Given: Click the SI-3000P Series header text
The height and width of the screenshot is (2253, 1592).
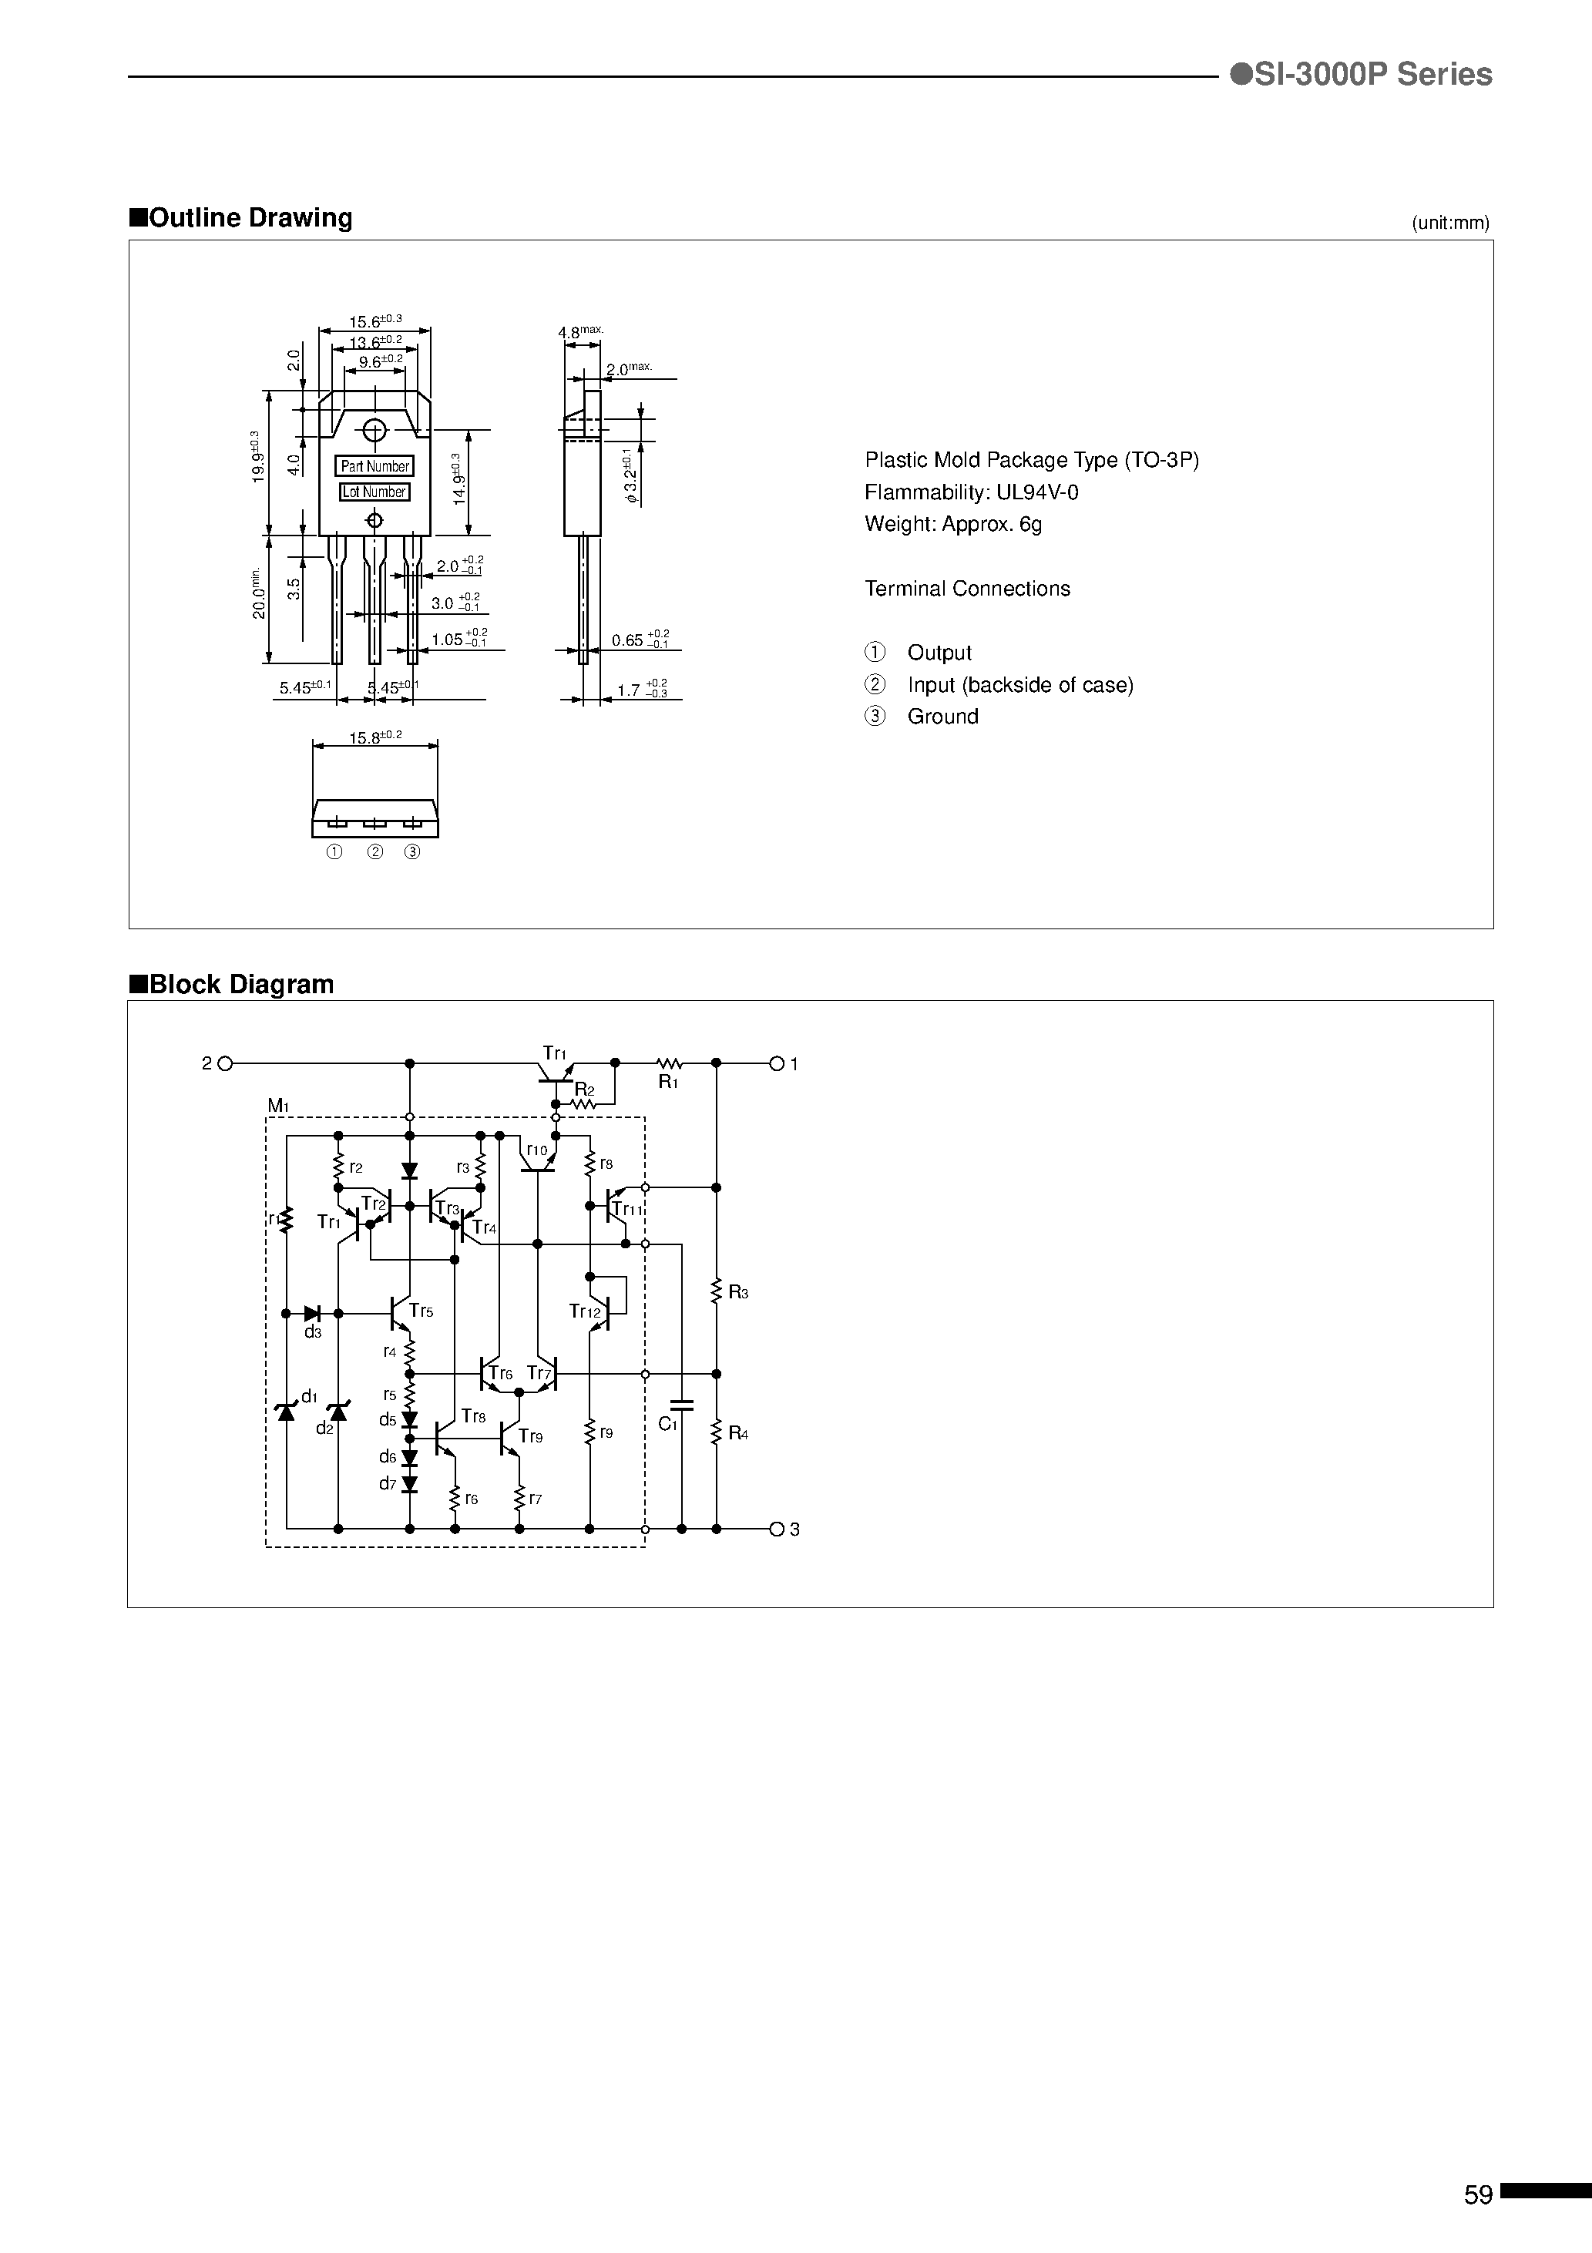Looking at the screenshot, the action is pyautogui.click(x=1362, y=75).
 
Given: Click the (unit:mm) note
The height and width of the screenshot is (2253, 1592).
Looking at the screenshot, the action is pyautogui.click(x=1449, y=223).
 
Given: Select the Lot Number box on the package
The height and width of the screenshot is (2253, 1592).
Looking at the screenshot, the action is pyautogui.click(x=374, y=492).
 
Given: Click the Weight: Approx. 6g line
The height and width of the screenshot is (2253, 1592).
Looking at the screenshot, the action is pyautogui.click(x=952, y=524).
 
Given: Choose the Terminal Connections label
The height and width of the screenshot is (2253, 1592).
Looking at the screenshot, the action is pyautogui.click(x=967, y=589).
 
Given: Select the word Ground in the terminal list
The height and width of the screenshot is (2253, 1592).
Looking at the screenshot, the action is pyautogui.click(x=942, y=717).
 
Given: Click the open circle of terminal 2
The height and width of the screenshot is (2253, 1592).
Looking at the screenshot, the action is pyautogui.click(x=225, y=1063).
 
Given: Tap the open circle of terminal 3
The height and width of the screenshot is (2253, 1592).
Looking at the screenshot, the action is pyautogui.click(x=777, y=1529).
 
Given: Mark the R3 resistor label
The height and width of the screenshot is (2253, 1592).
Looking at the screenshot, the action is pyautogui.click(x=738, y=1293).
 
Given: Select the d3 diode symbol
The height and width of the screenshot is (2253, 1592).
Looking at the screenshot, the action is pyautogui.click(x=313, y=1313).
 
